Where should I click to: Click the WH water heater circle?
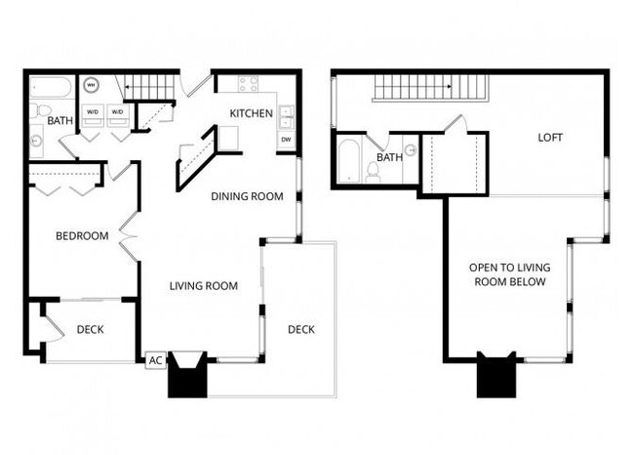93,85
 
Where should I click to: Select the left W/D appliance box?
93,112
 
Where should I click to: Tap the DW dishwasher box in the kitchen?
286,140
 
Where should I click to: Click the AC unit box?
154,360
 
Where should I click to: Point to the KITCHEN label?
251,113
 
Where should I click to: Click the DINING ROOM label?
247,196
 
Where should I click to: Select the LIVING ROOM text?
204,286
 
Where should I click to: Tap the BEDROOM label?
81,235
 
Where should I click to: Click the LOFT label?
550,138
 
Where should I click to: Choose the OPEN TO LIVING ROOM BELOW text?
507,274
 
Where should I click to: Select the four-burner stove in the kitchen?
248,85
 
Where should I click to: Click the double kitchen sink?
286,116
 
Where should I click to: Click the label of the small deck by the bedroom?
90,330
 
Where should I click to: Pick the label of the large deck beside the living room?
300,329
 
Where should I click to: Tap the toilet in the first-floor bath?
36,110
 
